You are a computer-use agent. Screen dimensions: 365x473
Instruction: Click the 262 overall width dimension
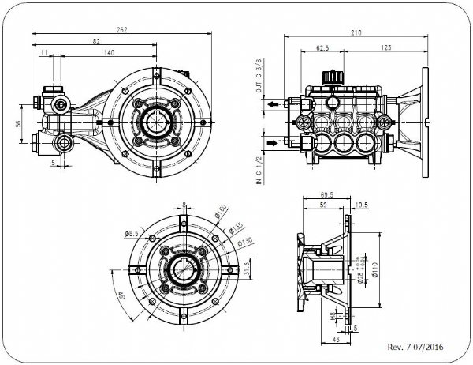coord(122,30)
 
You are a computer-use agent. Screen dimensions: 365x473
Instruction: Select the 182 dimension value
coord(95,40)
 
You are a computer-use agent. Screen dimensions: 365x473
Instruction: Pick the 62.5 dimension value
coord(323,47)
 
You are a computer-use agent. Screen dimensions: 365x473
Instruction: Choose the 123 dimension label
coord(386,47)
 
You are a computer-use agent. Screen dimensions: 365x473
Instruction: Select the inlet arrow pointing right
coord(272,143)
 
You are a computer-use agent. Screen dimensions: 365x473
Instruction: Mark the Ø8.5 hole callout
coord(132,233)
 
